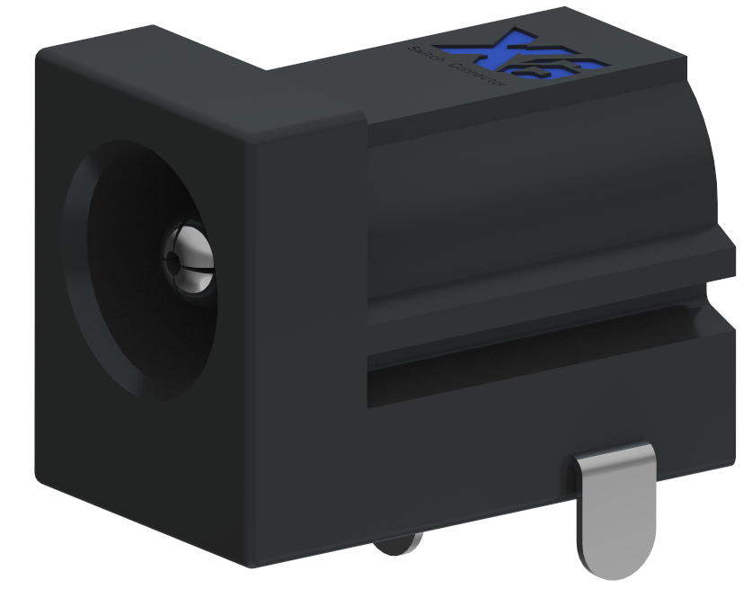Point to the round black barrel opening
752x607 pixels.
pyautogui.click(x=135, y=270)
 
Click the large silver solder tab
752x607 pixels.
pyautogui.click(x=615, y=508)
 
